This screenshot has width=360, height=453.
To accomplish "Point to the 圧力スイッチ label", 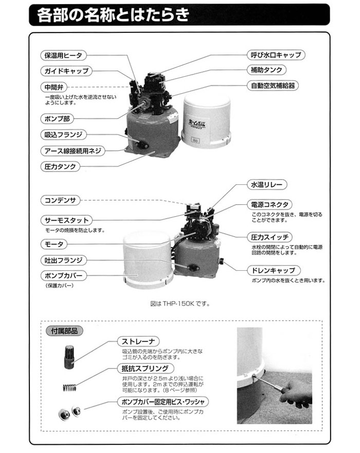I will [x=272, y=237].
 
